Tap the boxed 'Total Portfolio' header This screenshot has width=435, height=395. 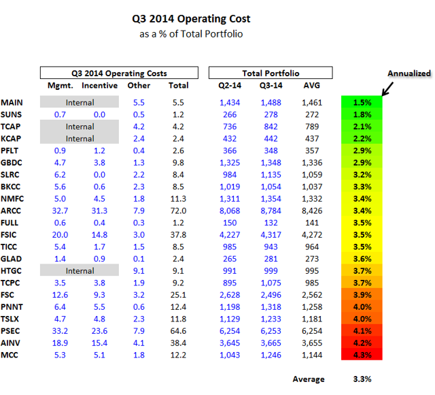[x=270, y=73]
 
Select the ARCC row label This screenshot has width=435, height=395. [x=12, y=211]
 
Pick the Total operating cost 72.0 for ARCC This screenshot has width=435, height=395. [x=178, y=211]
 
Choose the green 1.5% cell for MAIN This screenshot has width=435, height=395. [x=362, y=101]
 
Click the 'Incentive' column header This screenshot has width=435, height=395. [x=99, y=86]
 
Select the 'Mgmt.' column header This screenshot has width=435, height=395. [x=59, y=86]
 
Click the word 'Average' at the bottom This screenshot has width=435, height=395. [x=308, y=379]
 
